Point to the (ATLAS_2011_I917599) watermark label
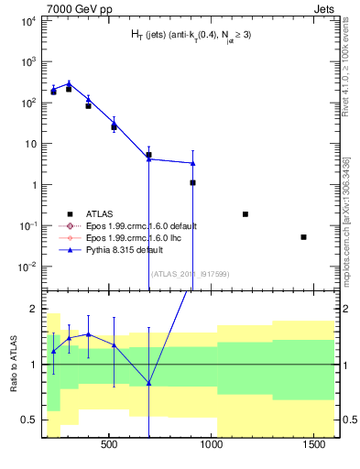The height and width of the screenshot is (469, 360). pyautogui.click(x=189, y=274)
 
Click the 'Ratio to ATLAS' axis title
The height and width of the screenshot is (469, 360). pyautogui.click(x=14, y=363)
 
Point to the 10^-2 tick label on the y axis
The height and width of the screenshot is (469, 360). pyautogui.click(x=24, y=267)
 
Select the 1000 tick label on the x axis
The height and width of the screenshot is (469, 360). pyautogui.click(x=213, y=446)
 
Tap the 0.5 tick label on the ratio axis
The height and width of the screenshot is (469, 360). pyautogui.click(x=26, y=420)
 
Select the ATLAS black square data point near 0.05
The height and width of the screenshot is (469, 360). pyautogui.click(x=303, y=237)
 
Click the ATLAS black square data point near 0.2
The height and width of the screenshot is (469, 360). pyautogui.click(x=245, y=214)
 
